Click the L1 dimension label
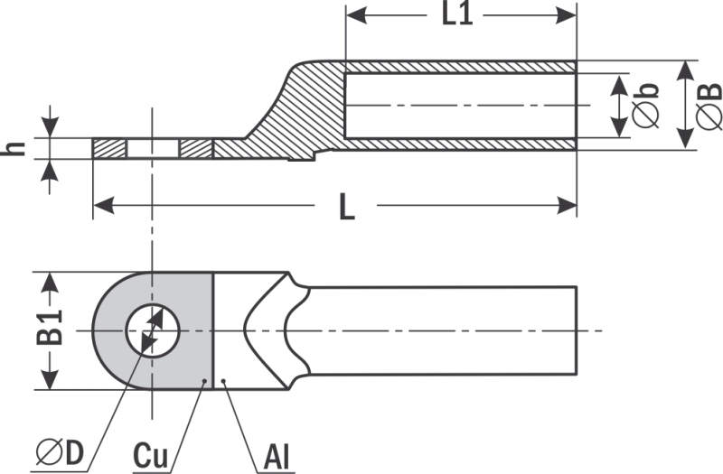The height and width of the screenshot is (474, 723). (457, 14)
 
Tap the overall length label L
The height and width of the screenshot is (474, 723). (347, 207)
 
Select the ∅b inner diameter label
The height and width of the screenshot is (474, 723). (645, 106)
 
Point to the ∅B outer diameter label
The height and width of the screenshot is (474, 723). (709, 106)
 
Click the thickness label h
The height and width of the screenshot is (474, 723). (14, 148)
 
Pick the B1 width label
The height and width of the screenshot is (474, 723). (50, 328)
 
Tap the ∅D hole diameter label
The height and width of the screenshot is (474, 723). (61, 452)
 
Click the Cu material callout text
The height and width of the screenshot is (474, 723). (150, 456)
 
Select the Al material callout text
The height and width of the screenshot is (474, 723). (277, 457)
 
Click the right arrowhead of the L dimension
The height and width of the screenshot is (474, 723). (567, 206)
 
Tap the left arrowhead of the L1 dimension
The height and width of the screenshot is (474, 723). (356, 15)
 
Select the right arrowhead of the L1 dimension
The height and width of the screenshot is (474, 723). (566, 15)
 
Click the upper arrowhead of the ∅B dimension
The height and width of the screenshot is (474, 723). (687, 71)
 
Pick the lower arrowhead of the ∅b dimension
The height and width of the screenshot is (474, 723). (621, 126)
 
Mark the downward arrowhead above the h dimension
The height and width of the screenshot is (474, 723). (51, 127)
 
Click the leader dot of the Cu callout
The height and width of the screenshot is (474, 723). (205, 381)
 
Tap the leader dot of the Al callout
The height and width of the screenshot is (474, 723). (223, 381)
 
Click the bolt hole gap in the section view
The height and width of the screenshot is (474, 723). (153, 149)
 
